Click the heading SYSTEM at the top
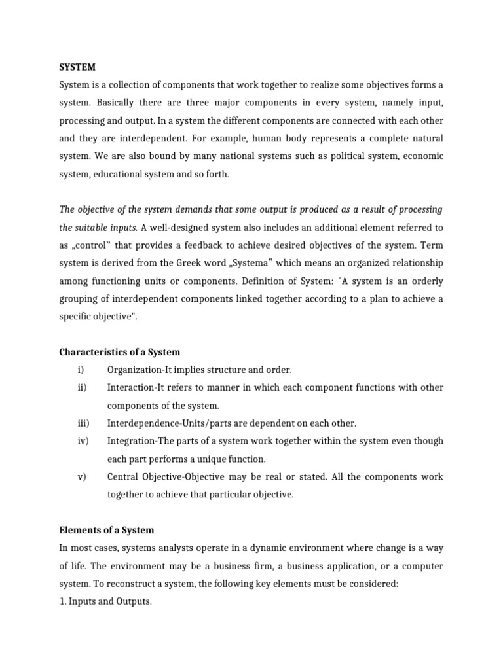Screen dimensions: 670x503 (77, 67)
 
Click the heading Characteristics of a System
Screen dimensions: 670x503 (119, 352)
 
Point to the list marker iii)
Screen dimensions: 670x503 (83, 423)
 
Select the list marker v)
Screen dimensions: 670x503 (82, 476)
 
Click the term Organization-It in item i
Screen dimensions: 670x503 (137, 370)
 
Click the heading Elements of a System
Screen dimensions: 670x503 (106, 530)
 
